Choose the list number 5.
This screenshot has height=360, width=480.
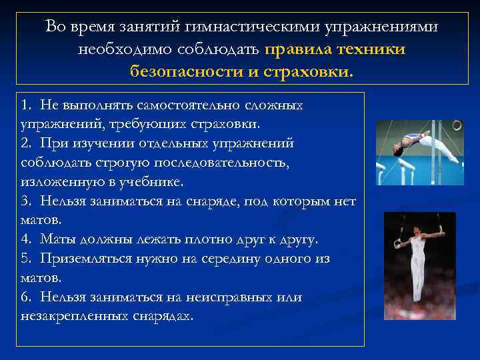point(25,258)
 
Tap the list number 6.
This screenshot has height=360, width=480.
point(25,296)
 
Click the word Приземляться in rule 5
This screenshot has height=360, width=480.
point(82,258)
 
